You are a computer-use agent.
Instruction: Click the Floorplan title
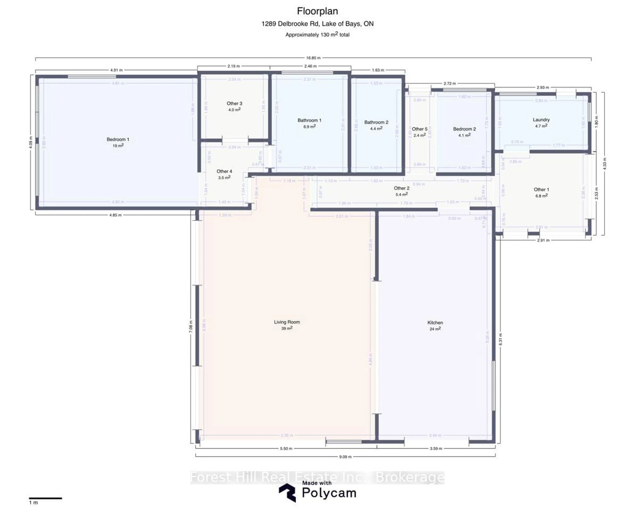click(317, 11)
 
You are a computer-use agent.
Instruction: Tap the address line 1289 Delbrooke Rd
click(317, 24)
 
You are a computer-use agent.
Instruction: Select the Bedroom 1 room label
click(118, 140)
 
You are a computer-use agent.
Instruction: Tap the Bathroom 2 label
click(376, 122)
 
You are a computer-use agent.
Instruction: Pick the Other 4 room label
click(224, 171)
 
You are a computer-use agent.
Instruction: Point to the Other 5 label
click(419, 129)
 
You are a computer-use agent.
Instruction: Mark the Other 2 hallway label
click(402, 188)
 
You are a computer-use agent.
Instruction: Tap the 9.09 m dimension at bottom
click(345, 457)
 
